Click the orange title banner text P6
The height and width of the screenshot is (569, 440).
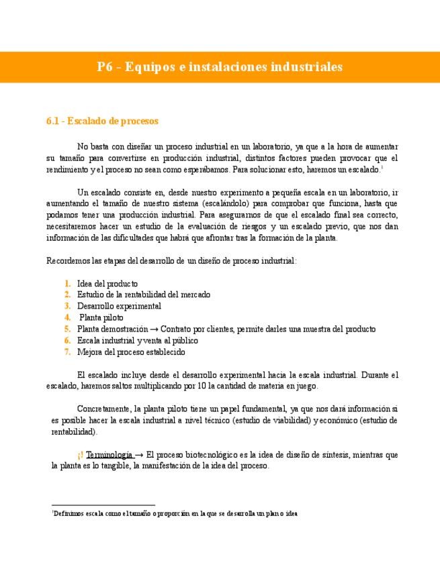click(104, 67)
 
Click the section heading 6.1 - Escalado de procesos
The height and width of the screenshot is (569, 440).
click(102, 121)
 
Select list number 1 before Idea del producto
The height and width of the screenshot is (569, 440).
click(67, 283)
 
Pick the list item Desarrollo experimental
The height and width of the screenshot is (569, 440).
click(119, 306)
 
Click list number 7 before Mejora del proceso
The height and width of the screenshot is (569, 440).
click(67, 352)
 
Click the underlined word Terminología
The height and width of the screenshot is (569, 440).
click(109, 454)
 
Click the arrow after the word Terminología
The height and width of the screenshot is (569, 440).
click(139, 454)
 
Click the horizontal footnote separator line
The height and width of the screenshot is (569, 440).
click(103, 505)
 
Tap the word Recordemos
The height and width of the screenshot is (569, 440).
click(68, 260)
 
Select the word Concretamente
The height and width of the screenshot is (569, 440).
click(105, 408)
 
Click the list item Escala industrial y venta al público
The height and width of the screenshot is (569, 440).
click(138, 340)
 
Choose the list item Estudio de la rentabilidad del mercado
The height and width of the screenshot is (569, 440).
click(144, 295)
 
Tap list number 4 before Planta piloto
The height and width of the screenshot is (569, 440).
click(67, 317)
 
